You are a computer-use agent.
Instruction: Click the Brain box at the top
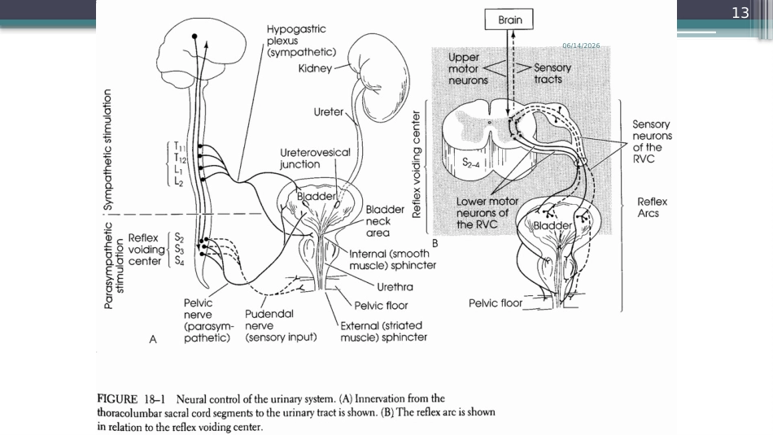(x=509, y=20)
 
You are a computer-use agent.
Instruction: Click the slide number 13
(x=740, y=13)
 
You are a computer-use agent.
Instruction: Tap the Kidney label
(x=315, y=68)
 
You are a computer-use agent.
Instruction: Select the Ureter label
(x=329, y=112)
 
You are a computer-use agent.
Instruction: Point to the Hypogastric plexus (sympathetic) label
(x=301, y=41)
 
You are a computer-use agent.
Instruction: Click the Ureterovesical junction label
(x=315, y=158)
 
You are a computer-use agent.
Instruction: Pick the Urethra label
(x=395, y=287)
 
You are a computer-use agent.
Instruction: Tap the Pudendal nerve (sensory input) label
(x=281, y=325)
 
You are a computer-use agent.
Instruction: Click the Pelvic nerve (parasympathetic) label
(x=207, y=320)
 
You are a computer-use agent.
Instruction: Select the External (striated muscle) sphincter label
(x=383, y=332)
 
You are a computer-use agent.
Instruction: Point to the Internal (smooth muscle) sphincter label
(x=392, y=259)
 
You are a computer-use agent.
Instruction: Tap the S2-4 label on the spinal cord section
(x=471, y=163)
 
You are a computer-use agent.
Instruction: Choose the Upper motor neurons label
(x=468, y=68)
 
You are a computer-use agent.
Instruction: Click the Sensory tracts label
(x=552, y=73)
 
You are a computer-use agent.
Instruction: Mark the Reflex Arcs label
(x=652, y=207)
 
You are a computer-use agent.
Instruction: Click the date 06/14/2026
(x=581, y=46)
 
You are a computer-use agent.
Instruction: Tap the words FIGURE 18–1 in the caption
(x=131, y=399)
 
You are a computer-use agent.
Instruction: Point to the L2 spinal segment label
(x=178, y=182)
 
